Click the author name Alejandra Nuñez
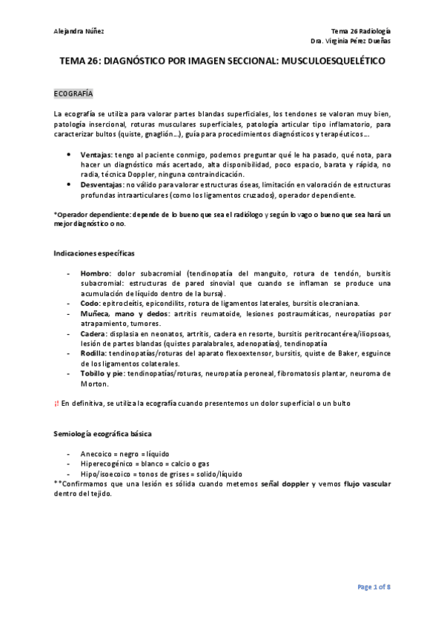point(79,30)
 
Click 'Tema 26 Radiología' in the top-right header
point(360,30)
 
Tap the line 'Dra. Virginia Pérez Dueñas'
point(351,41)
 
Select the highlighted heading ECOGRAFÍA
point(73,96)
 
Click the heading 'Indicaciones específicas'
point(94,253)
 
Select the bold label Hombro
point(96,273)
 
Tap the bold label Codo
point(90,302)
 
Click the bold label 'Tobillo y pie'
point(102,374)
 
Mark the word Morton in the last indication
point(95,384)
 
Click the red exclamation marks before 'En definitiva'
point(57,404)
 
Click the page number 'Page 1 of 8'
point(374,587)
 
